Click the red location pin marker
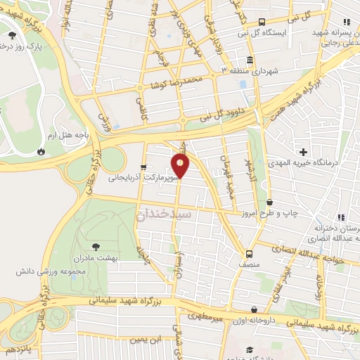coord(181,166)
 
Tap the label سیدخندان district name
coord(154,216)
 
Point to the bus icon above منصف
coord(249,254)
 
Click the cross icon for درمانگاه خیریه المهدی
coord(304,152)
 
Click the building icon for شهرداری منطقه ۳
coord(250,60)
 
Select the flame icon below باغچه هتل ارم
coord(41,151)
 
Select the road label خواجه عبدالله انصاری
coord(309,257)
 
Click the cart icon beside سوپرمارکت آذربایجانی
coord(143,168)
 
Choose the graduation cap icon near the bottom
coord(249,349)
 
